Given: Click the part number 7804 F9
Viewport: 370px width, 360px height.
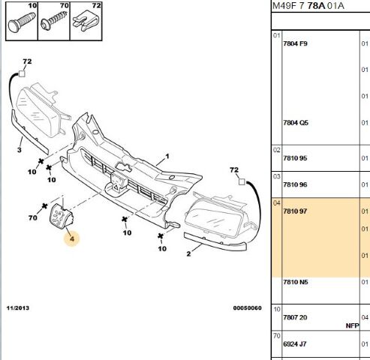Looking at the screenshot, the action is point(295,43).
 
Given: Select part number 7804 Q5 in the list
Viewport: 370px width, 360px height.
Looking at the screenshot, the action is point(296,123).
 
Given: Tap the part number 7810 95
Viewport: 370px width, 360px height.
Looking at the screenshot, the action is point(295,158).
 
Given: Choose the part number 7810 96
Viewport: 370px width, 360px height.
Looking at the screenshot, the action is point(295,184).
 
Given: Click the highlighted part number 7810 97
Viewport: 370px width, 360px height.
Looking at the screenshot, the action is point(295,211).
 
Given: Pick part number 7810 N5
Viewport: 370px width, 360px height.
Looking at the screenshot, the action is point(296,282).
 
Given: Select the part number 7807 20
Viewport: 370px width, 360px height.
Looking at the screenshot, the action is point(295,317).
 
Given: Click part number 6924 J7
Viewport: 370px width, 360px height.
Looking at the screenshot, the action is point(295,344).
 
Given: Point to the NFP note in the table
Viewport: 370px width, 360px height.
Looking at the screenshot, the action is point(352,325).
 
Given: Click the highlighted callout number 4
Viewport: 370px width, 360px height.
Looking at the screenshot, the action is point(72,238).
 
